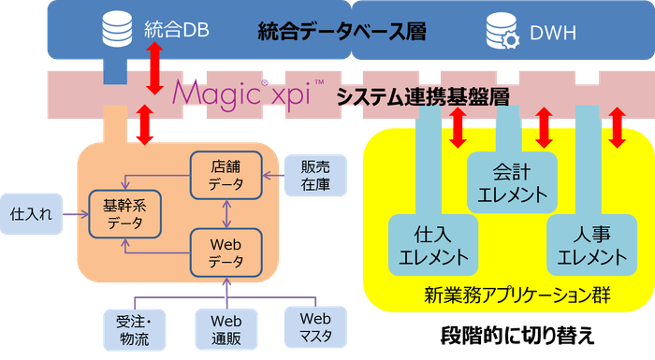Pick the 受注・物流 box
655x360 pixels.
point(134,328)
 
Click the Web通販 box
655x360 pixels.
point(222,328)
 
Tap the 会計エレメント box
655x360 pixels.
point(512,183)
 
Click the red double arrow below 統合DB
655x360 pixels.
point(156,73)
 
